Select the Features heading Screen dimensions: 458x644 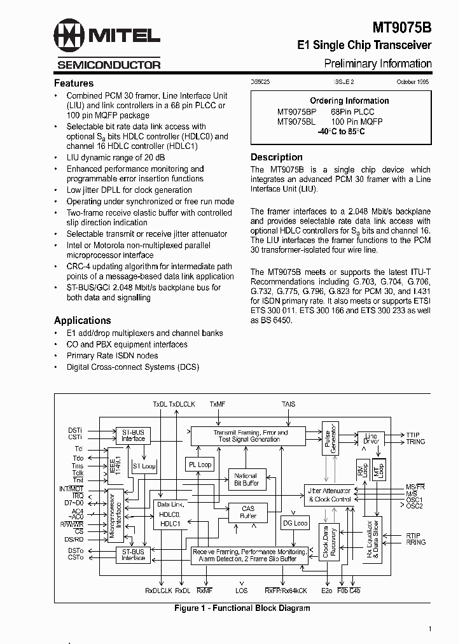pyautogui.click(x=74, y=83)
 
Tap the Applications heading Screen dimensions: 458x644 pyautogui.click(x=83, y=320)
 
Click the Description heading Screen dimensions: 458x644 pyautogui.click(x=277, y=157)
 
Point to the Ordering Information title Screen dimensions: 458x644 pyautogui.click(x=349, y=101)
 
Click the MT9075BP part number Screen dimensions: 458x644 pyautogui.click(x=296, y=111)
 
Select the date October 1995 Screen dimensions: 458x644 pyautogui.click(x=414, y=82)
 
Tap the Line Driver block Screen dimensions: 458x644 pyautogui.click(x=371, y=439)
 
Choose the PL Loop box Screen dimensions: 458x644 pyautogui.click(x=200, y=465)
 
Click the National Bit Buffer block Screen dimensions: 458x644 pyautogui.click(x=246, y=479)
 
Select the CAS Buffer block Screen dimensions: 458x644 pyautogui.click(x=248, y=512)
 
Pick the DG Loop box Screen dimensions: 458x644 pyautogui.click(x=295, y=523)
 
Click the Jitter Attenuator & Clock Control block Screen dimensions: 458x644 pyautogui.click(x=330, y=495)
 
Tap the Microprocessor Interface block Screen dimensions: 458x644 pyautogui.click(x=115, y=515)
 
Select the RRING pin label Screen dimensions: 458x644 pyautogui.click(x=416, y=542)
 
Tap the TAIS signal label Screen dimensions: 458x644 pyautogui.click(x=288, y=404)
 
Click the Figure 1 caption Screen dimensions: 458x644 pyautogui.click(x=242, y=608)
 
